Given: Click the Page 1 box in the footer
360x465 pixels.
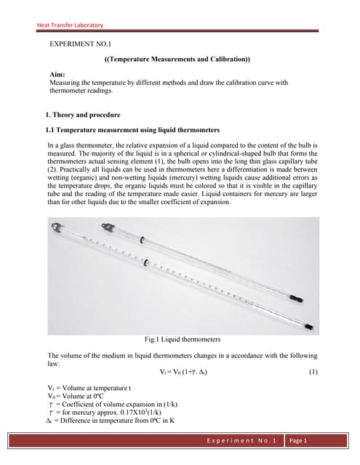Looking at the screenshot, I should tap(299, 441).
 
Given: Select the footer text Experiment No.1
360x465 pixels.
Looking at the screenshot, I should tap(241, 441).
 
